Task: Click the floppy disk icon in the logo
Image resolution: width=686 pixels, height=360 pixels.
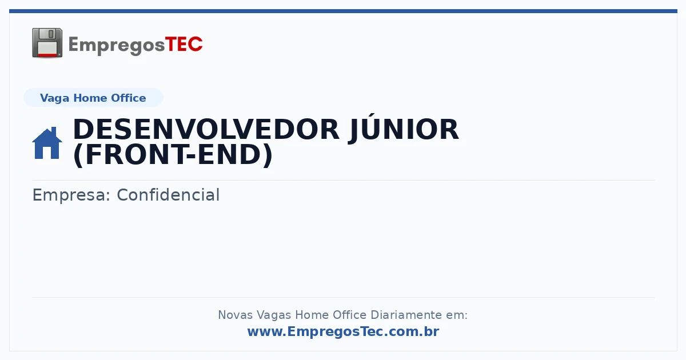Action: click(x=47, y=43)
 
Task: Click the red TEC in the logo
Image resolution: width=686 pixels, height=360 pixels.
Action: click(x=184, y=45)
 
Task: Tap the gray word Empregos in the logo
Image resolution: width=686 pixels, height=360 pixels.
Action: click(x=117, y=46)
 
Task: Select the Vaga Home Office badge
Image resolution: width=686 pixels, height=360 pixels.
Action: click(x=93, y=98)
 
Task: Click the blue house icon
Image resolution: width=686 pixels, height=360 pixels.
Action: click(x=47, y=143)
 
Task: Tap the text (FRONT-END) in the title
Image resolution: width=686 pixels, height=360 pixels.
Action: click(x=173, y=155)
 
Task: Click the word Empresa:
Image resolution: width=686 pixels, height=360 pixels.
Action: click(x=71, y=195)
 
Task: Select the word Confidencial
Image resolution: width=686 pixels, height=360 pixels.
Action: click(x=168, y=195)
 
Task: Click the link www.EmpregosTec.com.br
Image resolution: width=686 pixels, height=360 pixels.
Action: click(x=344, y=331)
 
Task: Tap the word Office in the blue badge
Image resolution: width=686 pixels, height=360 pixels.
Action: click(x=128, y=98)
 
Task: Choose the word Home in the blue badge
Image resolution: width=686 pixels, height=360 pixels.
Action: click(x=90, y=98)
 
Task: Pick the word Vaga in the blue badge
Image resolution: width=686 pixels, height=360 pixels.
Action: click(x=54, y=98)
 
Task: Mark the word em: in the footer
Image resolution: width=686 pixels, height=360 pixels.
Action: click(x=457, y=315)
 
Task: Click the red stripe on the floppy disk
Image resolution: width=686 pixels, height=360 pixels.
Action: click(x=47, y=54)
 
